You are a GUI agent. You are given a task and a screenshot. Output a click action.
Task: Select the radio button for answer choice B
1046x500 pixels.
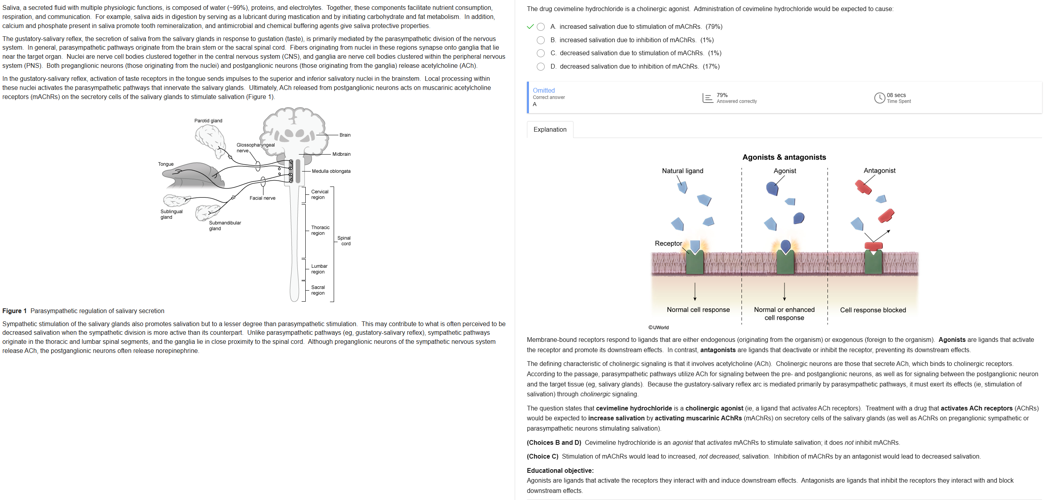click(x=540, y=40)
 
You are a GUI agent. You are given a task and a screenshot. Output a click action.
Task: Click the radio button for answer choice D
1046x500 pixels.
click(x=540, y=67)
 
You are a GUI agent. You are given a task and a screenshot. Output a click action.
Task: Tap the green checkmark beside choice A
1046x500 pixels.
click(x=530, y=27)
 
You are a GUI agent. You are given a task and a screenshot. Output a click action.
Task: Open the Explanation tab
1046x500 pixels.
click(x=550, y=129)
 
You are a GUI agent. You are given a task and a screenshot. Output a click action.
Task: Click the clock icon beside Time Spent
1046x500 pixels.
click(x=879, y=98)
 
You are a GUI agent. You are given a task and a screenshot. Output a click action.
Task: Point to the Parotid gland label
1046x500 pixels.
click(x=208, y=121)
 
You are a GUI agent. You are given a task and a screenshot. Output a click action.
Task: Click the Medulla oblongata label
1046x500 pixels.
click(x=331, y=171)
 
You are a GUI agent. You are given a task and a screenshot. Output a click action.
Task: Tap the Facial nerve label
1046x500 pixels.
click(x=262, y=198)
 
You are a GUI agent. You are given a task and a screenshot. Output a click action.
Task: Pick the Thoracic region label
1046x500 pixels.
click(x=320, y=230)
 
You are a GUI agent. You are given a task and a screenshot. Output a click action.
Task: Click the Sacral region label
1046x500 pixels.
click(x=318, y=290)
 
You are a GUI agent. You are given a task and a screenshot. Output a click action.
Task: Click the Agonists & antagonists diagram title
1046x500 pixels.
click(x=784, y=157)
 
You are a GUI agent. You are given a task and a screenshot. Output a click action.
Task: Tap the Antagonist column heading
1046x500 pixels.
click(x=879, y=170)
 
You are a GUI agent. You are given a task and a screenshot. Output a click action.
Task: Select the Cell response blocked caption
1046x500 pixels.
click(x=872, y=310)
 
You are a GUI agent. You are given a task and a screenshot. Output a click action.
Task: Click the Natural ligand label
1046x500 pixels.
click(x=682, y=171)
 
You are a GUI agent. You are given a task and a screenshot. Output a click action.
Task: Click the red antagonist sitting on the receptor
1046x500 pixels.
click(x=873, y=246)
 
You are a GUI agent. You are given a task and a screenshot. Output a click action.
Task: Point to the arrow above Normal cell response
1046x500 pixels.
click(x=695, y=291)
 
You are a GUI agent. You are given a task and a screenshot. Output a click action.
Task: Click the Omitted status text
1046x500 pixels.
click(x=543, y=91)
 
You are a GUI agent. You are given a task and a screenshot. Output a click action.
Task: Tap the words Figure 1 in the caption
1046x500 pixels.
click(x=14, y=311)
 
